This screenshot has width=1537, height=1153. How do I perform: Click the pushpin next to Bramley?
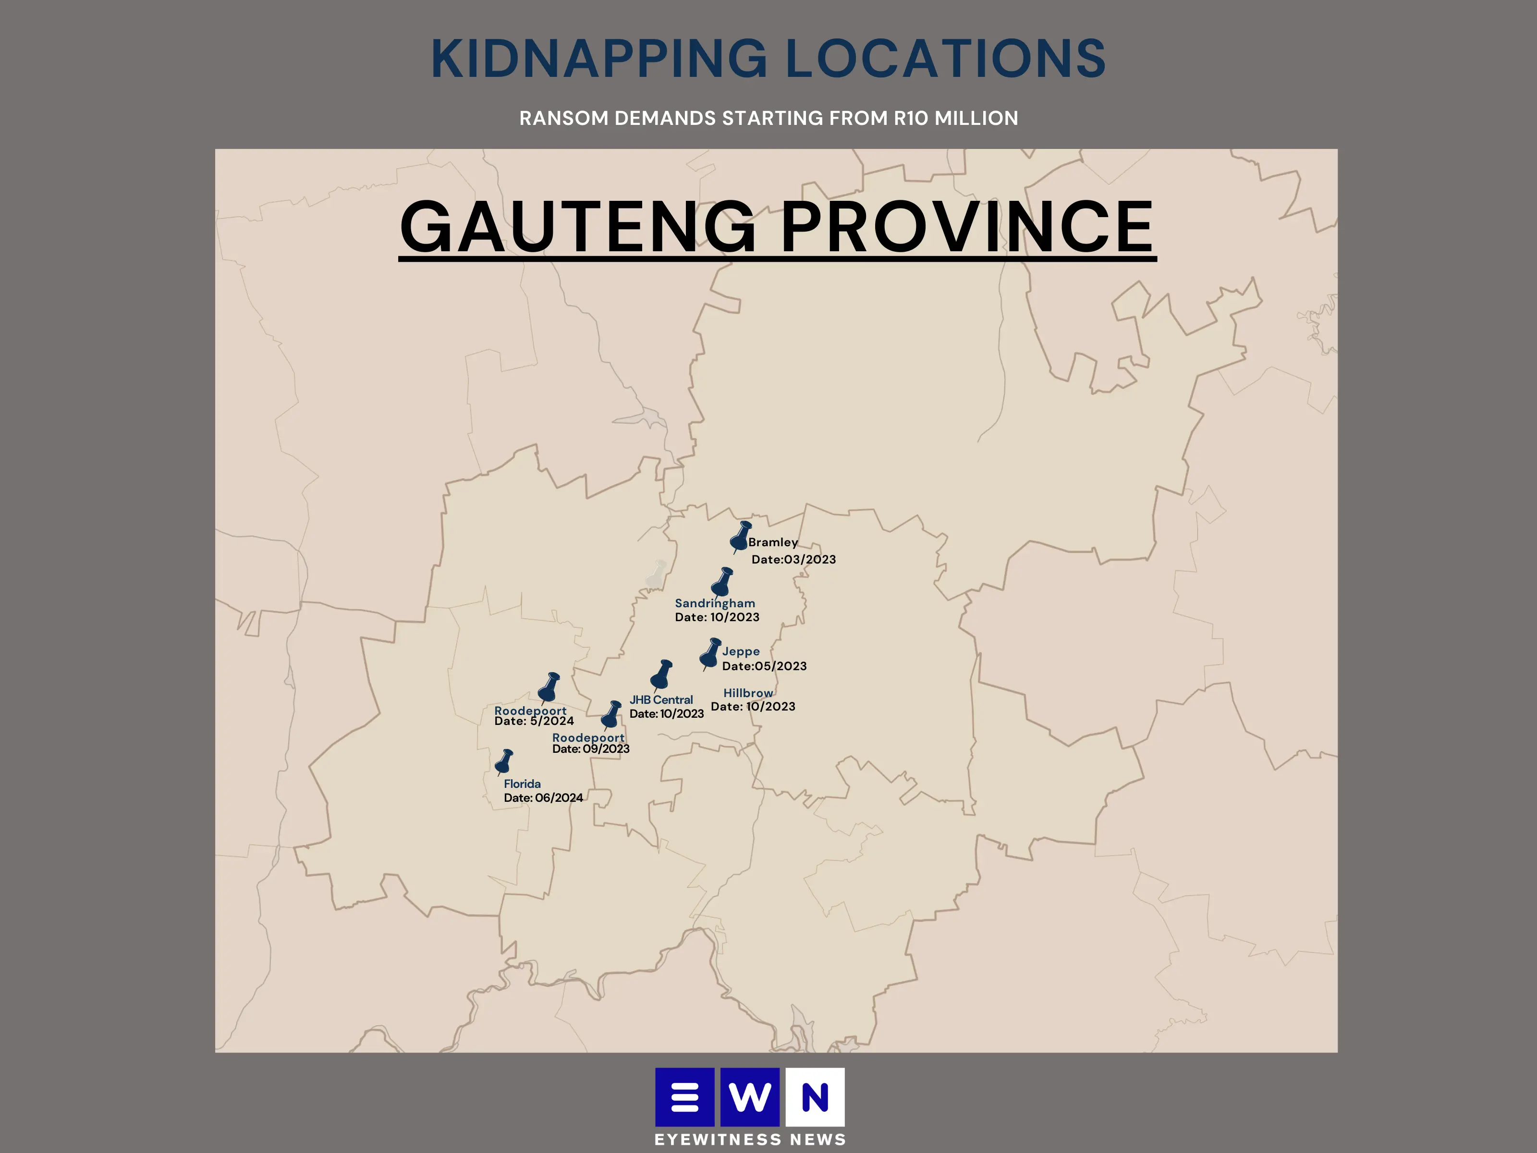point(740,537)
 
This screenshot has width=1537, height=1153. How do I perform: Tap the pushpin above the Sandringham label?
point(723,582)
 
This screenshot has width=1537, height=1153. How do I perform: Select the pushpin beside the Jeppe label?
point(709,653)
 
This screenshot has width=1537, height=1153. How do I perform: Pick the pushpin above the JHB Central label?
point(661,674)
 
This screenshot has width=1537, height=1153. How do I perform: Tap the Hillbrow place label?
point(748,693)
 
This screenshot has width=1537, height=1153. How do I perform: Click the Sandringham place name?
point(714,603)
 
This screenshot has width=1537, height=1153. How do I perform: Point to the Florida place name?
point(522,784)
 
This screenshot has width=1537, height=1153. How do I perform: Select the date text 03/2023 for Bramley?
point(809,560)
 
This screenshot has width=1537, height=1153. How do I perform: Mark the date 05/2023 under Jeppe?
point(781,666)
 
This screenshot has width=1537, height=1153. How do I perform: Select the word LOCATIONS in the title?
point(945,59)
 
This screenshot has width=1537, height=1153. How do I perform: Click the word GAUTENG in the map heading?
point(578,227)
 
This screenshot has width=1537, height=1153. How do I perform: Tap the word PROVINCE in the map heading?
point(967,227)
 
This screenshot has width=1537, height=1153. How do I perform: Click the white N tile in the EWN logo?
point(815,1097)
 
